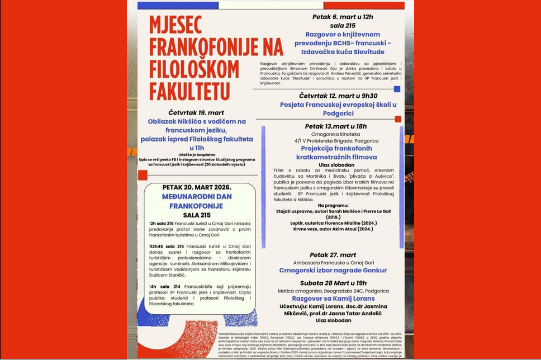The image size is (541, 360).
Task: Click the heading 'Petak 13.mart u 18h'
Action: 335,126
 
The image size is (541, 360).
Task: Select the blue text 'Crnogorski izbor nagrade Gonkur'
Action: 333,271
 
